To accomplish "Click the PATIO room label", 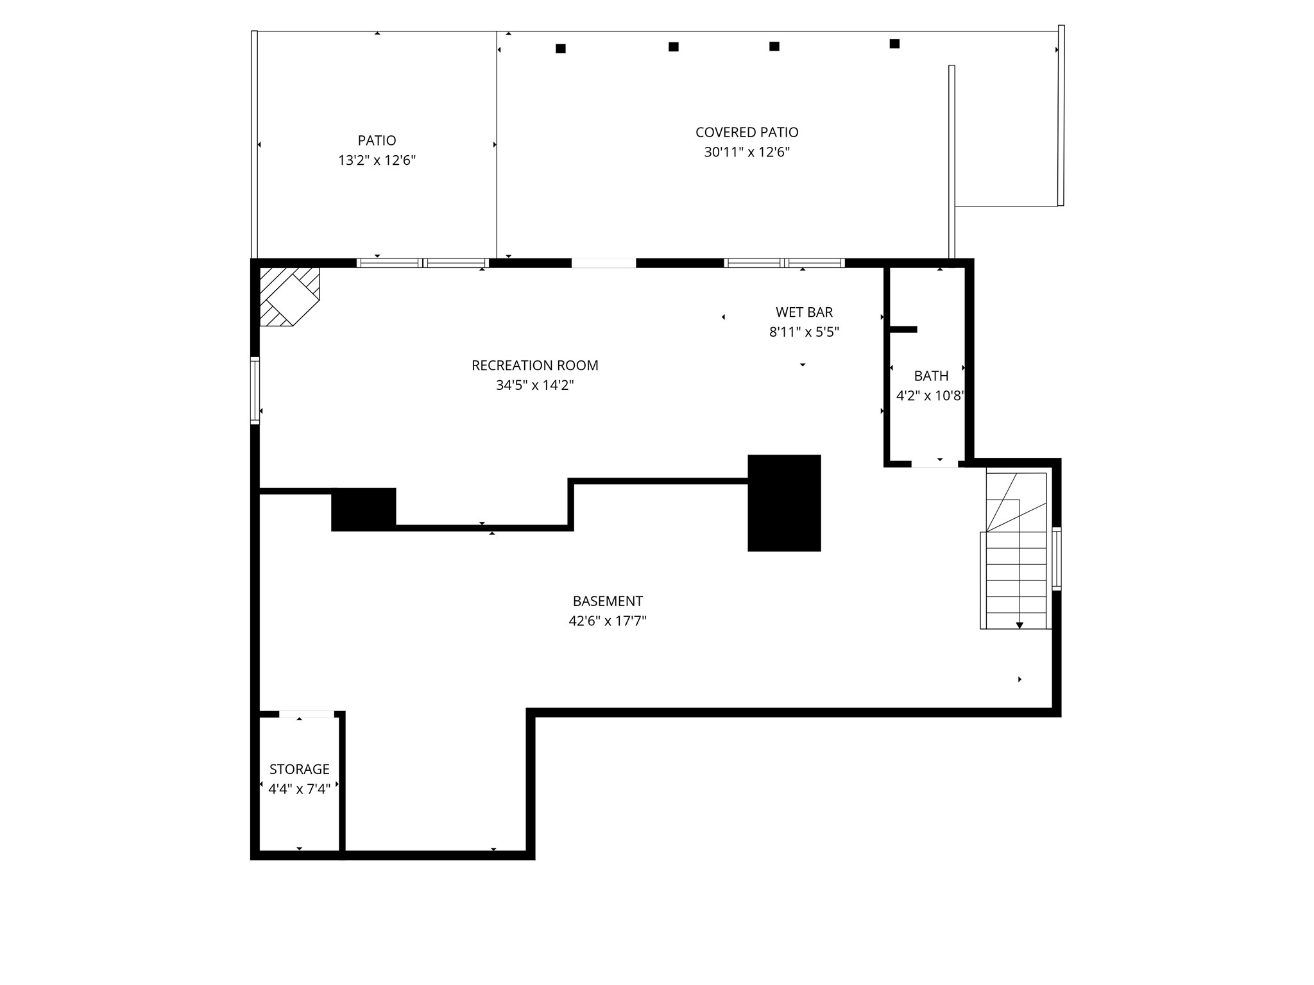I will click(x=377, y=140).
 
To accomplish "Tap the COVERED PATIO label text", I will click(x=747, y=132).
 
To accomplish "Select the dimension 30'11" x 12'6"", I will click(x=747, y=153).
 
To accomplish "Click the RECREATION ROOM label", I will click(x=534, y=366).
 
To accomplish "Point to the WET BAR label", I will click(x=804, y=312).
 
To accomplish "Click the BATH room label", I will click(x=931, y=376).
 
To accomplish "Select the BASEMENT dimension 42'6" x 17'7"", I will click(x=607, y=621).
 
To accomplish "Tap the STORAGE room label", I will click(x=299, y=769).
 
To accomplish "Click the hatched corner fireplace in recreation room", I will click(x=288, y=296).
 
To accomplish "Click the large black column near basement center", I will click(x=784, y=503).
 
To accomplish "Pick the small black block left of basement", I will click(x=363, y=509).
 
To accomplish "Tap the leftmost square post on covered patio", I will click(x=561, y=49).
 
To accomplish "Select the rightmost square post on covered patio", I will click(x=894, y=44).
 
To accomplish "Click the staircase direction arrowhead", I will click(x=1020, y=625).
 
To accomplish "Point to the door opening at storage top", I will click(x=307, y=714).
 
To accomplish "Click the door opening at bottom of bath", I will click(x=935, y=464).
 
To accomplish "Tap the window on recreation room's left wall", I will click(x=255, y=391).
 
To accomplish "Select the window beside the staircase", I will click(x=1056, y=558).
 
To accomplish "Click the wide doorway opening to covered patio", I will click(x=604, y=263).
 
